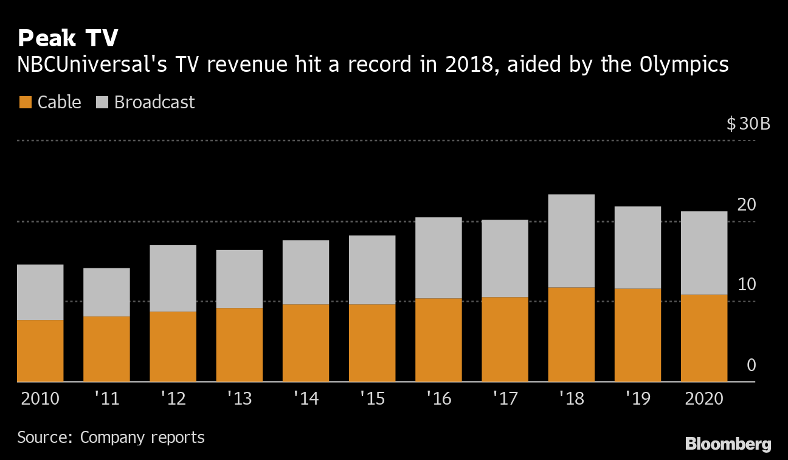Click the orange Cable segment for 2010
pos(40,350)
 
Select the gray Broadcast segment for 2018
pos(571,241)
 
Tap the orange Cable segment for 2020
pos(703,338)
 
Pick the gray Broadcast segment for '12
pos(173,278)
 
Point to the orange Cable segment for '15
pos(372,343)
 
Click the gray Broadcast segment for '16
pos(438,257)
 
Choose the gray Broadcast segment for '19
pos(637,248)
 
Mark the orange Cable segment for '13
pos(239,344)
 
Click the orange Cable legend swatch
pos(25,102)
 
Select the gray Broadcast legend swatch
pos(102,102)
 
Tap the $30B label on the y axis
pos(748,124)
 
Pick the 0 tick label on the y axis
pos(751,365)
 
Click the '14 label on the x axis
pos(305,399)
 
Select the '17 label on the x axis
pos(505,399)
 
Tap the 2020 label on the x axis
pos(703,399)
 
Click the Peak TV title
pos(67,38)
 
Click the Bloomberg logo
pos(728,444)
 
